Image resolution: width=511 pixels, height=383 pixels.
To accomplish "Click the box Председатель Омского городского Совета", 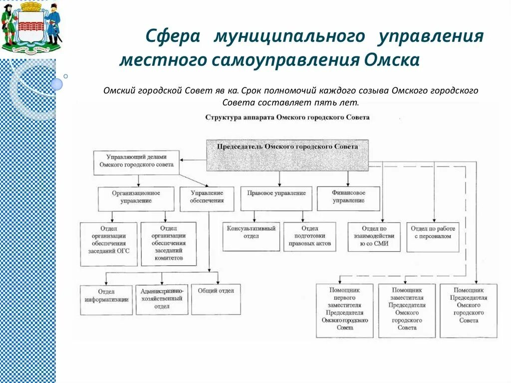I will point(287,155).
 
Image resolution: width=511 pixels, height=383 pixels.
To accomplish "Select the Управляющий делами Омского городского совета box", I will point(136,163).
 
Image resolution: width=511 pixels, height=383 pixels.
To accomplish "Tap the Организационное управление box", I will point(136,198).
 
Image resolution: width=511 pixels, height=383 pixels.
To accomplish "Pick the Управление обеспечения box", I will point(207,198).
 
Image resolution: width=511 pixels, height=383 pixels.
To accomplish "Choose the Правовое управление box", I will point(276,198).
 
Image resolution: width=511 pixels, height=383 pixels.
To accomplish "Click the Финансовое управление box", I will point(348,198).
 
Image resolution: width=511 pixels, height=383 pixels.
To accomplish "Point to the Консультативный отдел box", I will point(251,236).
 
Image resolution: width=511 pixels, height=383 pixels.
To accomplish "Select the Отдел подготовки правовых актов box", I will point(309,236).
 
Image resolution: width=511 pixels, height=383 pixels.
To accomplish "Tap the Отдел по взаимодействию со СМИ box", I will point(374,236).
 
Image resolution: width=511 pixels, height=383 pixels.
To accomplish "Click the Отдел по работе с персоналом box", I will point(432,236).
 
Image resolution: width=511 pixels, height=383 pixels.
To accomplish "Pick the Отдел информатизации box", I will point(106,299).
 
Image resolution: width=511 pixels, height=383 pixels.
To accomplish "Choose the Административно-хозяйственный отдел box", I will point(162,299).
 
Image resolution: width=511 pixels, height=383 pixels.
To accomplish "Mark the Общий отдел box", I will point(216,299).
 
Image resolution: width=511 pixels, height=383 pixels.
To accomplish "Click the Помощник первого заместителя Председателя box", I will point(344,310).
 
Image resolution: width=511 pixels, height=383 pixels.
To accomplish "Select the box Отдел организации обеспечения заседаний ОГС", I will point(108,243).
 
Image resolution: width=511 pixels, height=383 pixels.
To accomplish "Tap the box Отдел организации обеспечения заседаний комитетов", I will point(169,243).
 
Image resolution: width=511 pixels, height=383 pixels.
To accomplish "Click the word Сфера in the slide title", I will point(173,37).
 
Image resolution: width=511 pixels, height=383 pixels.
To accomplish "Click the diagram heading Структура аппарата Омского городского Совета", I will point(287,117).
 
